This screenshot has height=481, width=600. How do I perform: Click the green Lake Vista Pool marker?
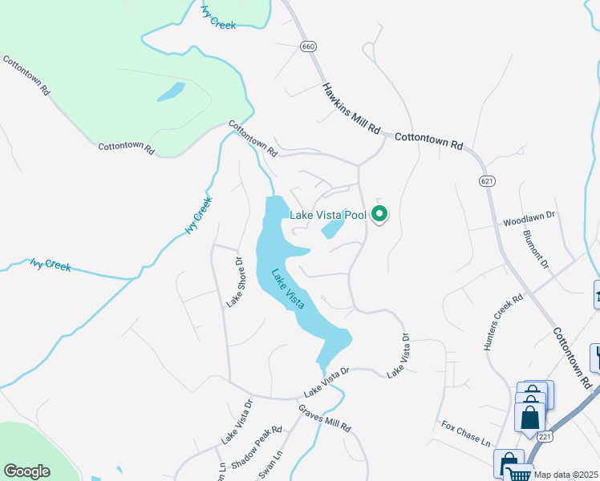381,215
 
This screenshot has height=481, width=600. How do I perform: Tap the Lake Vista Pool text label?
327,215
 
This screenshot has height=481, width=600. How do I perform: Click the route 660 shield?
309,46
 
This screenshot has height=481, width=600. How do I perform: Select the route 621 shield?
487,181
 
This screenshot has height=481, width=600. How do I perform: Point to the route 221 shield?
545,436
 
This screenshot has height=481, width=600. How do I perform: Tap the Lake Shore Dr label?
234,281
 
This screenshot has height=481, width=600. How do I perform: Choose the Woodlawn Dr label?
529,217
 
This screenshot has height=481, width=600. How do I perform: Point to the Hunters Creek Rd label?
503,322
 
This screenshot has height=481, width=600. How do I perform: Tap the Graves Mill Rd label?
325,418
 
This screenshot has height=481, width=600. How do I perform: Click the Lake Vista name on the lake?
287,289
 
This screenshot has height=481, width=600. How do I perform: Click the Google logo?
27,471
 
